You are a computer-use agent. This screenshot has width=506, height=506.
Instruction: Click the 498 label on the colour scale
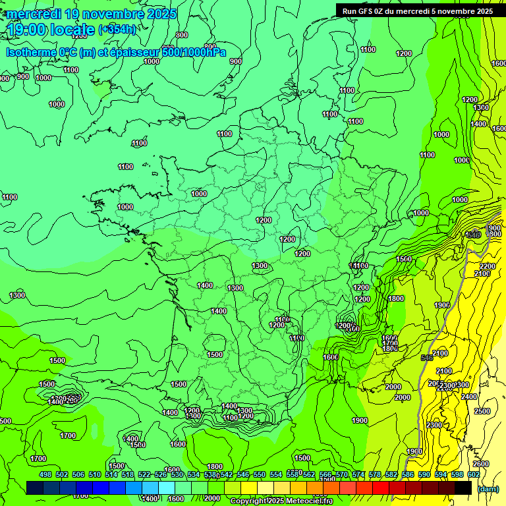coord(45,474)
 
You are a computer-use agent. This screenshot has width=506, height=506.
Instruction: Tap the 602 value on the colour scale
coord(474,474)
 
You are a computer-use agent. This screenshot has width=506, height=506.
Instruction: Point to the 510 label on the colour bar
coord(95,474)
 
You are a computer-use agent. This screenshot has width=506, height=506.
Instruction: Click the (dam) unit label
coord(488,489)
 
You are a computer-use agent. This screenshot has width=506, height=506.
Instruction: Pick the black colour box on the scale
coord(463,488)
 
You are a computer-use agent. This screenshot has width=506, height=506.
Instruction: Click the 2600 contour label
coord(481,464)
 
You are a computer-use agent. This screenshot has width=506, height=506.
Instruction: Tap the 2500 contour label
coord(482,411)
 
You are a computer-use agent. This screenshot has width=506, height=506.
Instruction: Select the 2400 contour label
coord(469,397)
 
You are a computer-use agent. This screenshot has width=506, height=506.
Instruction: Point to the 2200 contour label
coord(488,266)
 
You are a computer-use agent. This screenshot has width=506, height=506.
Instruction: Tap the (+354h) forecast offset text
coord(117,29)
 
